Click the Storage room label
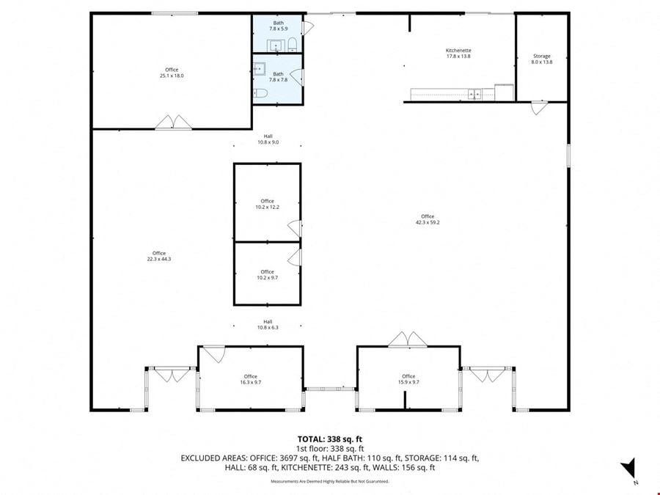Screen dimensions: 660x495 (542, 56)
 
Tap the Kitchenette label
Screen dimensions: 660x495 (458, 50)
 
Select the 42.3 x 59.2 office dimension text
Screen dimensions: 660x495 (428, 222)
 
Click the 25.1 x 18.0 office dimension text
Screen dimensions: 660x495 (172, 76)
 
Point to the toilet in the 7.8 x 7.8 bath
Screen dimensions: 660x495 (260, 93)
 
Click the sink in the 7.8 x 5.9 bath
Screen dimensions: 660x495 (276, 45)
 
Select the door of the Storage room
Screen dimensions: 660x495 (539, 108)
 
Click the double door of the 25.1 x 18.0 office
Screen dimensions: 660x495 (173, 122)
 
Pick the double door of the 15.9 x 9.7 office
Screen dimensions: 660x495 (408, 340)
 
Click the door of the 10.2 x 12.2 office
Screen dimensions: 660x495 (295, 229)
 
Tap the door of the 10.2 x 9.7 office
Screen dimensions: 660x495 (295, 257)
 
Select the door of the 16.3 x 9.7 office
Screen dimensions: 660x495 (215, 353)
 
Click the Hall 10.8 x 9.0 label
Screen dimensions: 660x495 (268, 139)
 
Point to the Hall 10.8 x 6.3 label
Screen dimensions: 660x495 (268, 325)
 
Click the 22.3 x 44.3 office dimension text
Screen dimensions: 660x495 (159, 259)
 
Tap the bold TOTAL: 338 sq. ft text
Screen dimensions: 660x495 (330, 439)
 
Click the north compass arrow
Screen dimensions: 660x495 (628, 468)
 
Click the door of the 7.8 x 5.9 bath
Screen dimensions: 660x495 (308, 28)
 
